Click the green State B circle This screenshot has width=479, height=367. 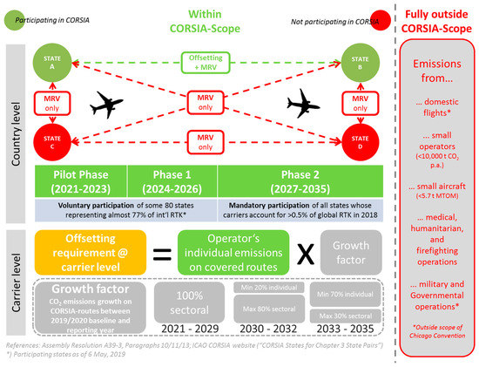coord(358,63)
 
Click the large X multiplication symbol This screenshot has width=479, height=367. coord(305,253)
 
